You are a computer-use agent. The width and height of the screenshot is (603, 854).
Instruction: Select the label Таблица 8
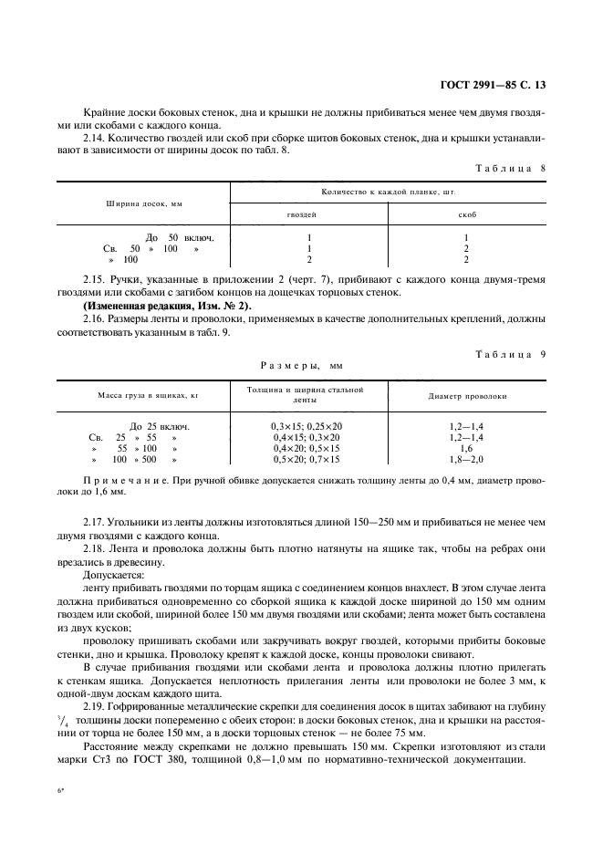[511, 168]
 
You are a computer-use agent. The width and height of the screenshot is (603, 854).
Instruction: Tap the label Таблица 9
[511, 354]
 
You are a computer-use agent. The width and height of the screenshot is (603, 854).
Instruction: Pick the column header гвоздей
[303, 213]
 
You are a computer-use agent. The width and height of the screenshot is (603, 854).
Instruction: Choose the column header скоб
[465, 213]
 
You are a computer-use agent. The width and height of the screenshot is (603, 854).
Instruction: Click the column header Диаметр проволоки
[467, 396]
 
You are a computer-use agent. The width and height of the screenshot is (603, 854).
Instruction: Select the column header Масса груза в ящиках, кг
[142, 396]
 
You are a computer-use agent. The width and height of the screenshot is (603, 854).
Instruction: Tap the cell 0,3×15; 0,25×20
[307, 426]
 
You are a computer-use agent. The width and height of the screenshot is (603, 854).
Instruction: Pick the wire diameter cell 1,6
[466, 449]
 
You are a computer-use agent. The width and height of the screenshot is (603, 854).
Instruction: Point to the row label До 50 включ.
[172, 237]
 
